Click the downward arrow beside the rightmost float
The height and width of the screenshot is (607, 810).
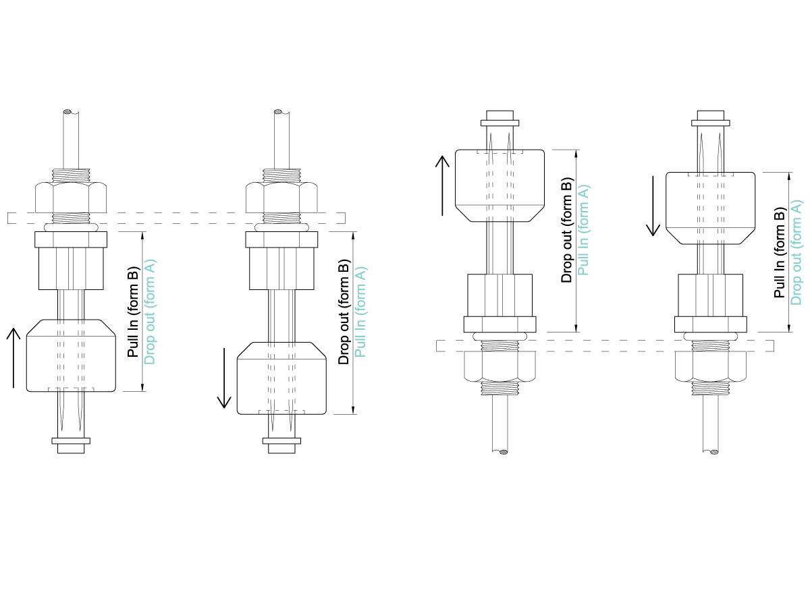[x=653, y=205]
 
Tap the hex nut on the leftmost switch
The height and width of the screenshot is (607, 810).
[x=70, y=197]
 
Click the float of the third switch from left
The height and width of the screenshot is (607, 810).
[x=500, y=185]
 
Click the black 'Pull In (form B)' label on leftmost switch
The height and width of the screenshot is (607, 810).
[x=132, y=310]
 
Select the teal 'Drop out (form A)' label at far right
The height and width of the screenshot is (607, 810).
[x=797, y=252]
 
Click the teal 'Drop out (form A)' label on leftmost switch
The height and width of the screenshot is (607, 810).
[x=150, y=311]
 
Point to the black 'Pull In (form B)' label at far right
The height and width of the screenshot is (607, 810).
[x=780, y=253]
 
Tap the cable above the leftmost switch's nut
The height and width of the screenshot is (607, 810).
[x=70, y=138]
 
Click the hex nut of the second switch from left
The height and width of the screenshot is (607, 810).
[x=281, y=197]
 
